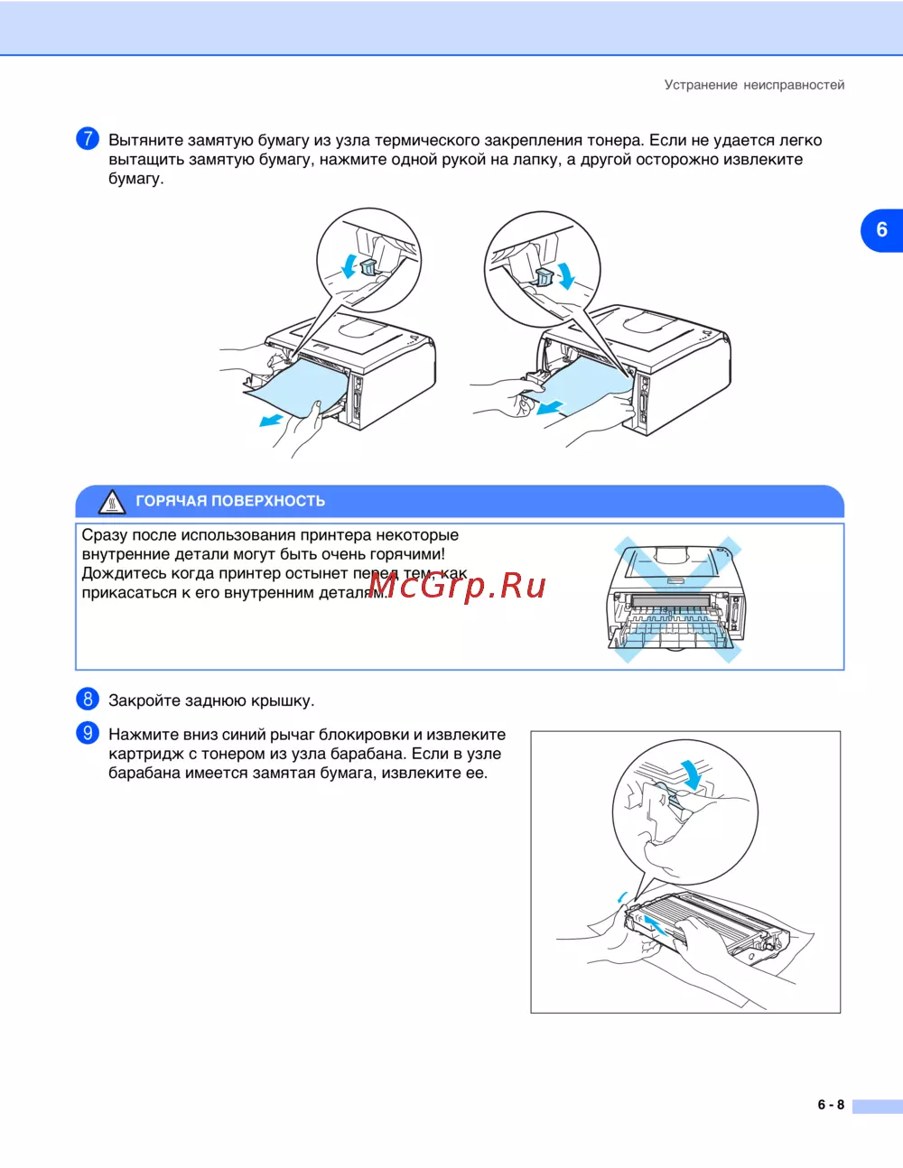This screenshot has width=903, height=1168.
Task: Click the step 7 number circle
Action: point(87,139)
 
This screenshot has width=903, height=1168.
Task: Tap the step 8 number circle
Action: point(87,700)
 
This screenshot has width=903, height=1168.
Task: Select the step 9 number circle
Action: point(87,733)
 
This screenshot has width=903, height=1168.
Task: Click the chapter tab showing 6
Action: point(881,230)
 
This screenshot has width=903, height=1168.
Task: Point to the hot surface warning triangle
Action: point(112,503)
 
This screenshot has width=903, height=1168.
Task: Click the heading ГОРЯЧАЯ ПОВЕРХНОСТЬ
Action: point(230,501)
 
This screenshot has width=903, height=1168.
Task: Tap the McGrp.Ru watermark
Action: point(458,586)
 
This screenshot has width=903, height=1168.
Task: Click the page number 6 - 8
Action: point(831,1105)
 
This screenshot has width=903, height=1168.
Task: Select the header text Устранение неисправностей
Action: point(754,85)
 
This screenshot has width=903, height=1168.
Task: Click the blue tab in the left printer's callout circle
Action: point(369,266)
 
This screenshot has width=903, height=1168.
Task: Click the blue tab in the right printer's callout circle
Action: point(544,277)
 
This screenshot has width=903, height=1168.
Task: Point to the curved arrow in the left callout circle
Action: point(349,265)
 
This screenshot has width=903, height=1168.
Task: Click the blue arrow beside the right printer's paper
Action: point(550,408)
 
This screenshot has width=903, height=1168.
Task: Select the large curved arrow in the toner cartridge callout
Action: point(694,774)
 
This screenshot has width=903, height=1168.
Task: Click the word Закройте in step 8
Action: point(144,701)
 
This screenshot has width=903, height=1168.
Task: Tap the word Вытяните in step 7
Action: point(145,140)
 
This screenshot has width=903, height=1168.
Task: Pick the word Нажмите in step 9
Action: point(143,734)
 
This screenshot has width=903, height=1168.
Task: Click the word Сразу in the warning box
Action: point(104,536)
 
